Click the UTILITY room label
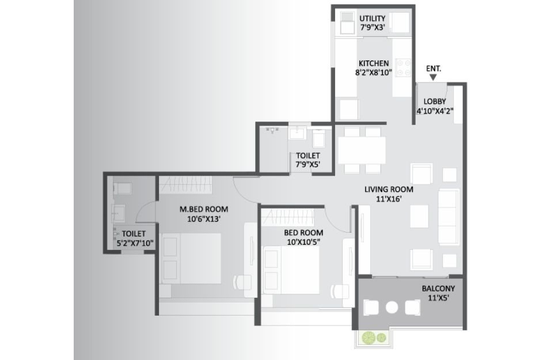tap(372, 18)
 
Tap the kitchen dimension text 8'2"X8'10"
tap(373, 73)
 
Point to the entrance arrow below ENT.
tap(434, 77)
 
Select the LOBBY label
tap(435, 101)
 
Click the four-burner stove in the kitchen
tap(403, 67)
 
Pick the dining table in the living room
tap(362, 150)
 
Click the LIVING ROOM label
tap(389, 189)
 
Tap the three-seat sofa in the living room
tap(449, 217)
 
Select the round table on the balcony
tap(392, 307)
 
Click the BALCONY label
tap(438, 289)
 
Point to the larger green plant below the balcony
tap(368, 338)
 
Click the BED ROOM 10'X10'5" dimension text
tap(303, 242)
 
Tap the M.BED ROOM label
tap(204, 209)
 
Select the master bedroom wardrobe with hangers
tap(185, 185)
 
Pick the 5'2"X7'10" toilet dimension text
tap(135, 243)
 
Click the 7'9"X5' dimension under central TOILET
tap(308, 164)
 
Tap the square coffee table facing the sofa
tap(419, 216)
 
